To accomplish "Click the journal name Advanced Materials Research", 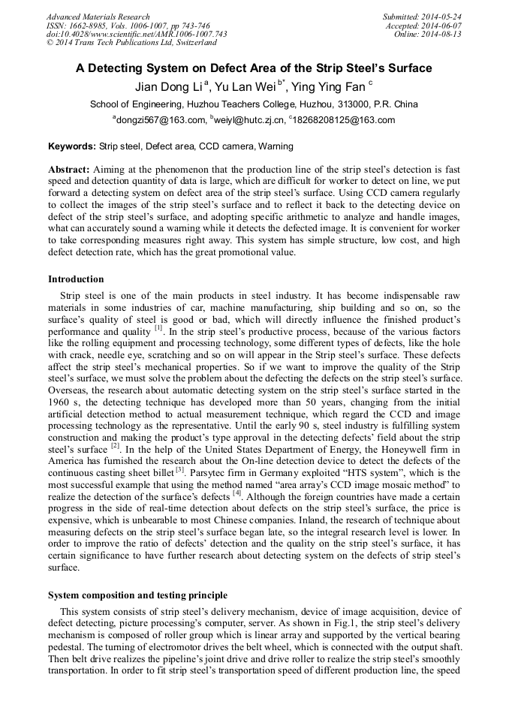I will click(98, 17).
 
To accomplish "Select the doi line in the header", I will click(137, 34).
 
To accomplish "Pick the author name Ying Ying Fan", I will click(325, 87).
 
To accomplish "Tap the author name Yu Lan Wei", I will click(248, 87).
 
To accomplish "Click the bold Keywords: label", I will click(72, 146).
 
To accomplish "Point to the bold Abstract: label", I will click(69, 170).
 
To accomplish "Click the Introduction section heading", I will click(76, 279).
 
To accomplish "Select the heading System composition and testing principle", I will click(137, 595).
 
